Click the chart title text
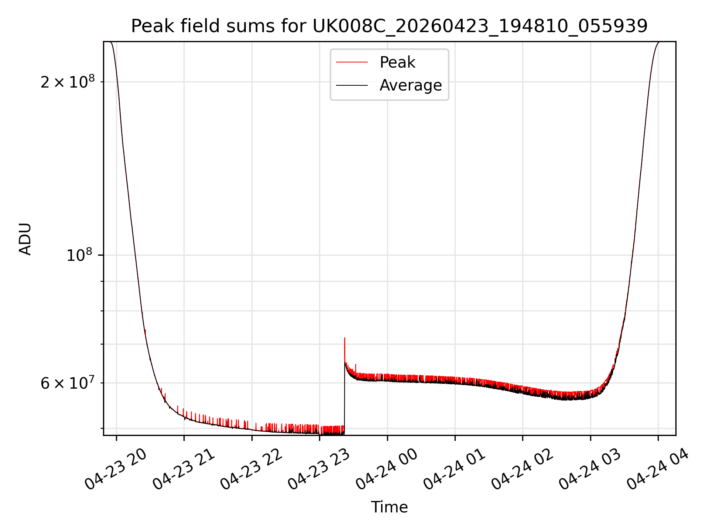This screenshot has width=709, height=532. point(389,26)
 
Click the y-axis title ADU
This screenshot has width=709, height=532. point(25,239)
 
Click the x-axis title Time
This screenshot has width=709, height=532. point(389,507)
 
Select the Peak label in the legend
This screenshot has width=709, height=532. point(397,62)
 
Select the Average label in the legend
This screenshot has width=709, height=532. point(411,85)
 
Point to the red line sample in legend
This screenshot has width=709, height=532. point(352,62)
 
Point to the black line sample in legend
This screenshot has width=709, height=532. point(352,85)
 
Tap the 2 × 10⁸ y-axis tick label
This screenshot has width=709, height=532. point(68,81)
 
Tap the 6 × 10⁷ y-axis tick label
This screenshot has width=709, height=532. point(68,383)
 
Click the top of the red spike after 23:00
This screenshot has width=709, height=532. point(345,338)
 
